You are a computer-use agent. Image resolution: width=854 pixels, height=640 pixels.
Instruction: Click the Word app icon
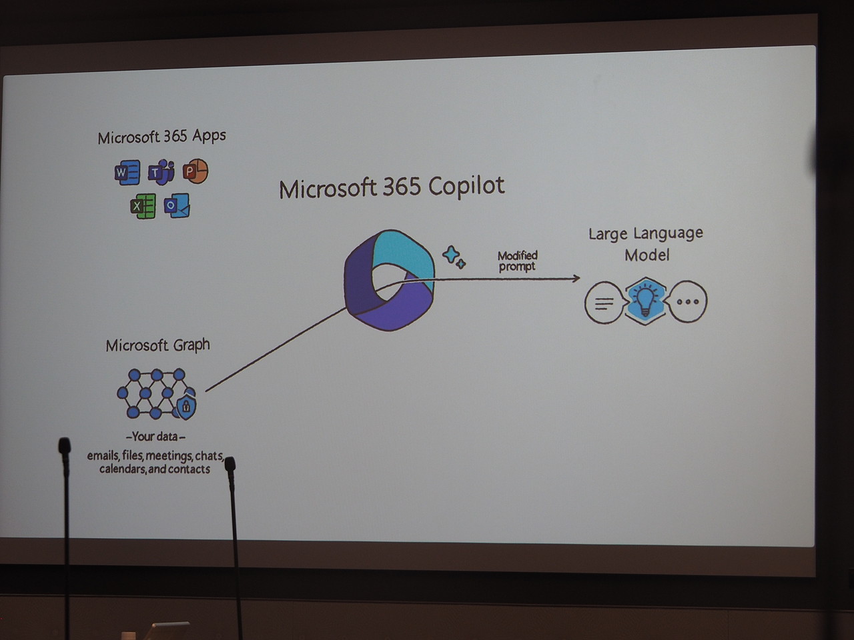[127, 173]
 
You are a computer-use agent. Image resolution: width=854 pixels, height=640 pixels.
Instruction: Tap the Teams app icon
[161, 173]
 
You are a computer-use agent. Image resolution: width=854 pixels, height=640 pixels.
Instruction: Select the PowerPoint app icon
[195, 171]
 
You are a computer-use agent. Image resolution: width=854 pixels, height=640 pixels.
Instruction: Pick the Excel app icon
[143, 206]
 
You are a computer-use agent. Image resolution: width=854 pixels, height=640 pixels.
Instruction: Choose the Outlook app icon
[177, 206]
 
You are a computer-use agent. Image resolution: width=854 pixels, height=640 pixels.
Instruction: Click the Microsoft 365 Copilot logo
[390, 280]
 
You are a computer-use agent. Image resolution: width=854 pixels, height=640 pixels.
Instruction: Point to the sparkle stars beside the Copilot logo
[454, 257]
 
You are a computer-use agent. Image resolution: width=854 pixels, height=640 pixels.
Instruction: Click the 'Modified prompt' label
[517, 261]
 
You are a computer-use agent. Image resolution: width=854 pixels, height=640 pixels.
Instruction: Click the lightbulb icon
[645, 301]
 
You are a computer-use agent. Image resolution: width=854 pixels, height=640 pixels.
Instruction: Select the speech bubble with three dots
[687, 301]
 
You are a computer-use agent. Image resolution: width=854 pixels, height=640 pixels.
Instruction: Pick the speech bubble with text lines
[604, 303]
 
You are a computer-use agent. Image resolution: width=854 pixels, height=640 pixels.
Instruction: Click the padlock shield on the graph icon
[185, 405]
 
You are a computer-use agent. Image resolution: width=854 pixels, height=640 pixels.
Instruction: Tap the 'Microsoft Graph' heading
[157, 345]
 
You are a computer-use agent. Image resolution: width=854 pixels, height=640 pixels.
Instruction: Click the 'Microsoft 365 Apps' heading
[161, 137]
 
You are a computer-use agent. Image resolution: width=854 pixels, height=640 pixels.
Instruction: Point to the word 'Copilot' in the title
[466, 186]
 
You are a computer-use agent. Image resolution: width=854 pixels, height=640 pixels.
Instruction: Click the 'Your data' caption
[155, 437]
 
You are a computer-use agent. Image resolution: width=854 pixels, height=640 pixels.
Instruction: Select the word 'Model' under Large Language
[647, 255]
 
